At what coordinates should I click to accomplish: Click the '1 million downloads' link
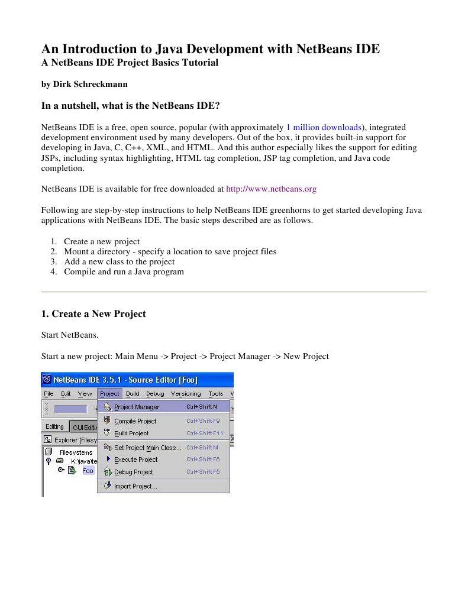click(x=323, y=127)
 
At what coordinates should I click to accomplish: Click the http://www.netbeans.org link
click(x=271, y=189)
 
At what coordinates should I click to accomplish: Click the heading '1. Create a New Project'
click(x=93, y=314)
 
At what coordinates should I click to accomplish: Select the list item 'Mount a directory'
click(x=170, y=251)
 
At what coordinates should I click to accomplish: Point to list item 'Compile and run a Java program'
click(x=124, y=272)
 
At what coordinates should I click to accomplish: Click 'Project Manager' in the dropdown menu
click(x=136, y=407)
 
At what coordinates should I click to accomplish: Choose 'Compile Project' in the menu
click(x=135, y=421)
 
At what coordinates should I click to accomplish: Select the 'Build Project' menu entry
click(x=131, y=433)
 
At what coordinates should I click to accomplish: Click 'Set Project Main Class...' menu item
click(x=147, y=448)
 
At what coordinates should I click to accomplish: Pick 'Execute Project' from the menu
click(x=135, y=460)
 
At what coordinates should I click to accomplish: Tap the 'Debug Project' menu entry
click(x=133, y=472)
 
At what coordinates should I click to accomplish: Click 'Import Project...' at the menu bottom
click(x=135, y=486)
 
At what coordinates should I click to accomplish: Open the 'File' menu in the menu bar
click(x=49, y=394)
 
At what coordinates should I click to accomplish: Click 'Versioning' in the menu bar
click(x=186, y=394)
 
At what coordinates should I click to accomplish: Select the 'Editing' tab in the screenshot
click(x=54, y=426)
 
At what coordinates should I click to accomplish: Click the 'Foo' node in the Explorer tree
click(x=88, y=471)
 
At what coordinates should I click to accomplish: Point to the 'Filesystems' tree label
click(x=76, y=452)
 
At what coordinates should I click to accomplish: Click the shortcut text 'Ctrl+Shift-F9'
click(x=203, y=421)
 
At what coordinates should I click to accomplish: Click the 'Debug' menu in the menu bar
click(x=155, y=394)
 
